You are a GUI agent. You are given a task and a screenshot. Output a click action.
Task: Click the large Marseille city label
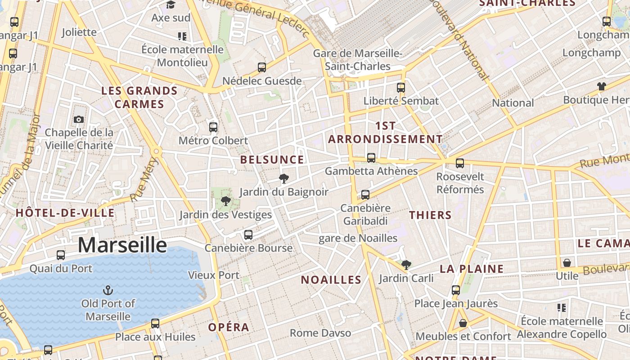pyautogui.click(x=122, y=245)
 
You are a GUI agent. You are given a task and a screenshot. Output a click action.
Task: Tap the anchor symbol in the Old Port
pyautogui.click(x=108, y=290)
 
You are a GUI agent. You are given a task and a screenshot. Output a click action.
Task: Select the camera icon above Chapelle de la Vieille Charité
pyautogui.click(x=79, y=119)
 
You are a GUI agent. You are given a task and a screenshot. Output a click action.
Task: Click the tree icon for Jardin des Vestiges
pyautogui.click(x=226, y=201)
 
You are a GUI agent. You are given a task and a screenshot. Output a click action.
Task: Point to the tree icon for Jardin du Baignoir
pyautogui.click(x=283, y=179)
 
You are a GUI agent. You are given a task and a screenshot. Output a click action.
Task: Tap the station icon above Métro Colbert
pyautogui.click(x=213, y=127)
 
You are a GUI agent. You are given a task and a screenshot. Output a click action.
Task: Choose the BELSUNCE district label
pyautogui.click(x=272, y=160)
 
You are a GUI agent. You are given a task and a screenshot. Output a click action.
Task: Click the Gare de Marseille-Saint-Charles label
pyautogui.click(x=358, y=60)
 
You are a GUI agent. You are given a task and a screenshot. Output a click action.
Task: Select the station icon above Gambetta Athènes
pyautogui.click(x=371, y=158)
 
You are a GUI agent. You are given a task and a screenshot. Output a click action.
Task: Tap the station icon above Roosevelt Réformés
pyautogui.click(x=459, y=163)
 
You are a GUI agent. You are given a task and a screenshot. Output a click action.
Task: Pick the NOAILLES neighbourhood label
pyautogui.click(x=331, y=280)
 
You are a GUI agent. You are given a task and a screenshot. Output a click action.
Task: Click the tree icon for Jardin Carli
pyautogui.click(x=406, y=265)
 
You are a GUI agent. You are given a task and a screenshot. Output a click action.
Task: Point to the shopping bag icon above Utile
pyautogui.click(x=567, y=262)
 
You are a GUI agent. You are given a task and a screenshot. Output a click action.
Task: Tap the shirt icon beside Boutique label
pyautogui.click(x=602, y=86)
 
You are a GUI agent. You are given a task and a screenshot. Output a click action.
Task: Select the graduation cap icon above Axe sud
pyautogui.click(x=171, y=5)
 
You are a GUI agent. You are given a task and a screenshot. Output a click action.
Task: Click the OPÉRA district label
pyautogui.click(x=229, y=327)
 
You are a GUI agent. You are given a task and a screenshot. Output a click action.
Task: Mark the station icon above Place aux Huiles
pyautogui.click(x=155, y=323)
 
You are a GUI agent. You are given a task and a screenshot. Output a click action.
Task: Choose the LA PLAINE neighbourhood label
pyautogui.click(x=471, y=269)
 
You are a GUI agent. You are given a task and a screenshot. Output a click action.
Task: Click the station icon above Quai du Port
pyautogui.click(x=61, y=255)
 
